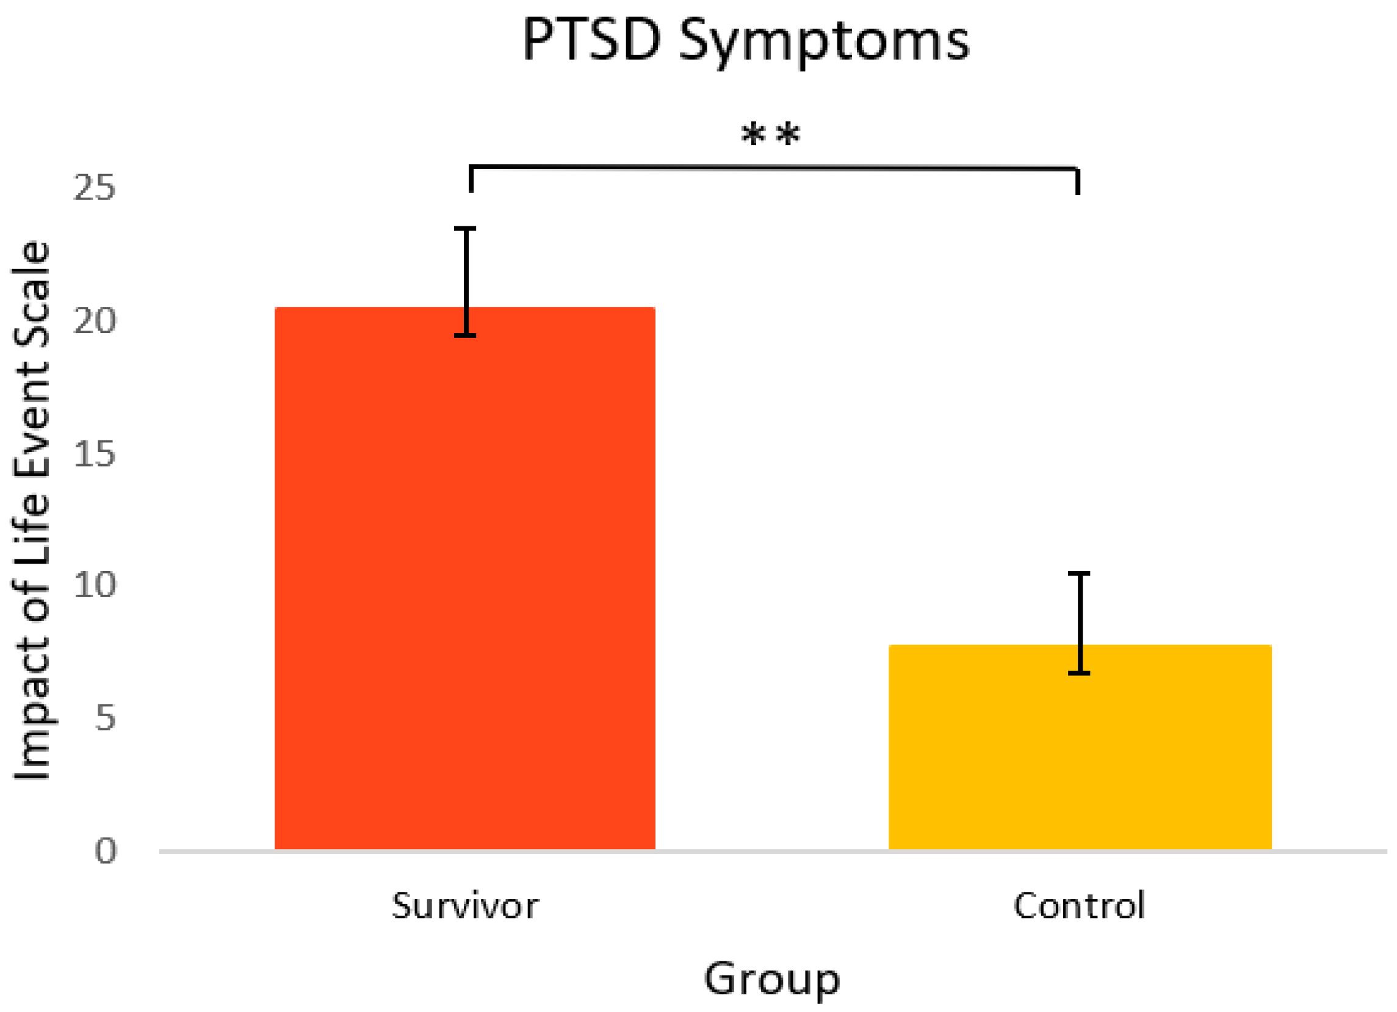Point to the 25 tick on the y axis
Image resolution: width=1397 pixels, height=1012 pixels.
click(94, 187)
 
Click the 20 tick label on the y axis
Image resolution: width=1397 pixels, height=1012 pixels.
click(94, 321)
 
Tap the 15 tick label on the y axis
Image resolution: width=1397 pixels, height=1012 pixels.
click(94, 454)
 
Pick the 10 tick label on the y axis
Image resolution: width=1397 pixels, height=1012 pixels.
click(94, 585)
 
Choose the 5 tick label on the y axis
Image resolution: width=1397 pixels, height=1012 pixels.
click(106, 719)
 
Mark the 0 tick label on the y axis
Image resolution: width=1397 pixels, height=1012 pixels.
click(106, 852)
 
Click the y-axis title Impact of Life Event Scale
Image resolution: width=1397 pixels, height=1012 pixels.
click(32, 511)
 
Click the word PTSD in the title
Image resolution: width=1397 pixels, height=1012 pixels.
click(591, 42)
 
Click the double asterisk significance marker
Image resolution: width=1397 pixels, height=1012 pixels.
click(771, 134)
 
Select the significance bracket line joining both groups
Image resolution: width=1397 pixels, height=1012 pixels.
click(774, 167)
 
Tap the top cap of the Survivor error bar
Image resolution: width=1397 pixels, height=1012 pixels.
click(465, 229)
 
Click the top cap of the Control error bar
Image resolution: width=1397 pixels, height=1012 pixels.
click(1079, 574)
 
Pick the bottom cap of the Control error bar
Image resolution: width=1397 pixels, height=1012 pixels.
click(1079, 673)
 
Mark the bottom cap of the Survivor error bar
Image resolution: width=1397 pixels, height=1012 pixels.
click(465, 336)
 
